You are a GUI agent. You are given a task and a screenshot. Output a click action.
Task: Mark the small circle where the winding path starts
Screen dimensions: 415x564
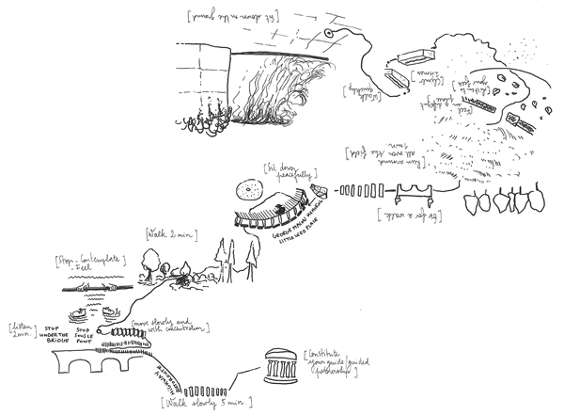pos(329,33)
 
